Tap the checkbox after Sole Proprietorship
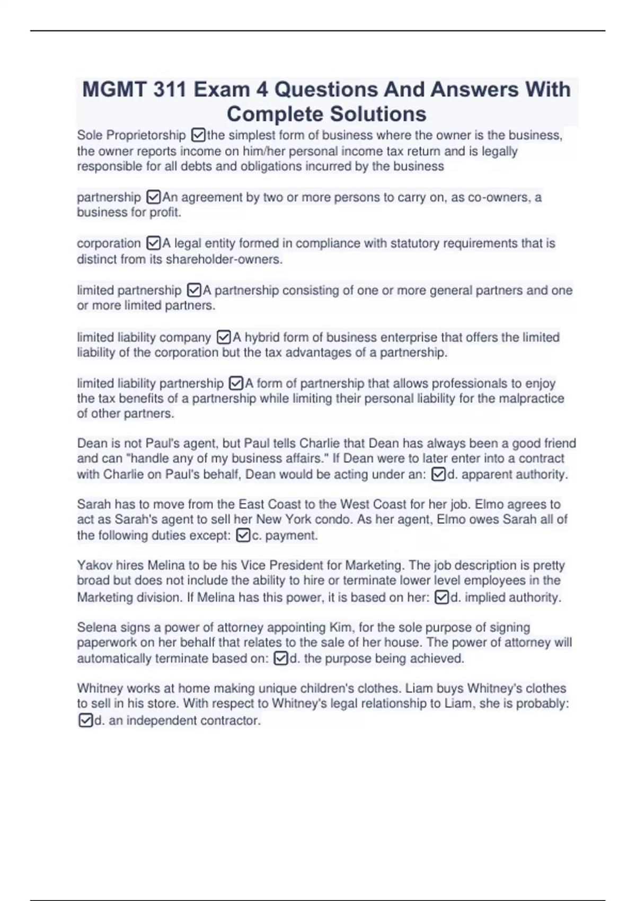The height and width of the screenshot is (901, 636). (198, 136)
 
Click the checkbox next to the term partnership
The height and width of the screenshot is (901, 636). (153, 197)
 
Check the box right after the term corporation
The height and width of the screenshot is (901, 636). (153, 243)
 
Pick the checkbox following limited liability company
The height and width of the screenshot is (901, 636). (224, 337)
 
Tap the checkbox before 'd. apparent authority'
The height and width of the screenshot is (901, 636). (438, 474)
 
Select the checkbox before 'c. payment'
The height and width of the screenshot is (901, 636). (243, 535)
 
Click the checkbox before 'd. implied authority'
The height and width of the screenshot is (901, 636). (441, 597)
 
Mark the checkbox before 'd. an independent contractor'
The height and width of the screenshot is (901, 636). (85, 720)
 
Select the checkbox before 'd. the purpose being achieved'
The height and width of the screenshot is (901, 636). (281, 658)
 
